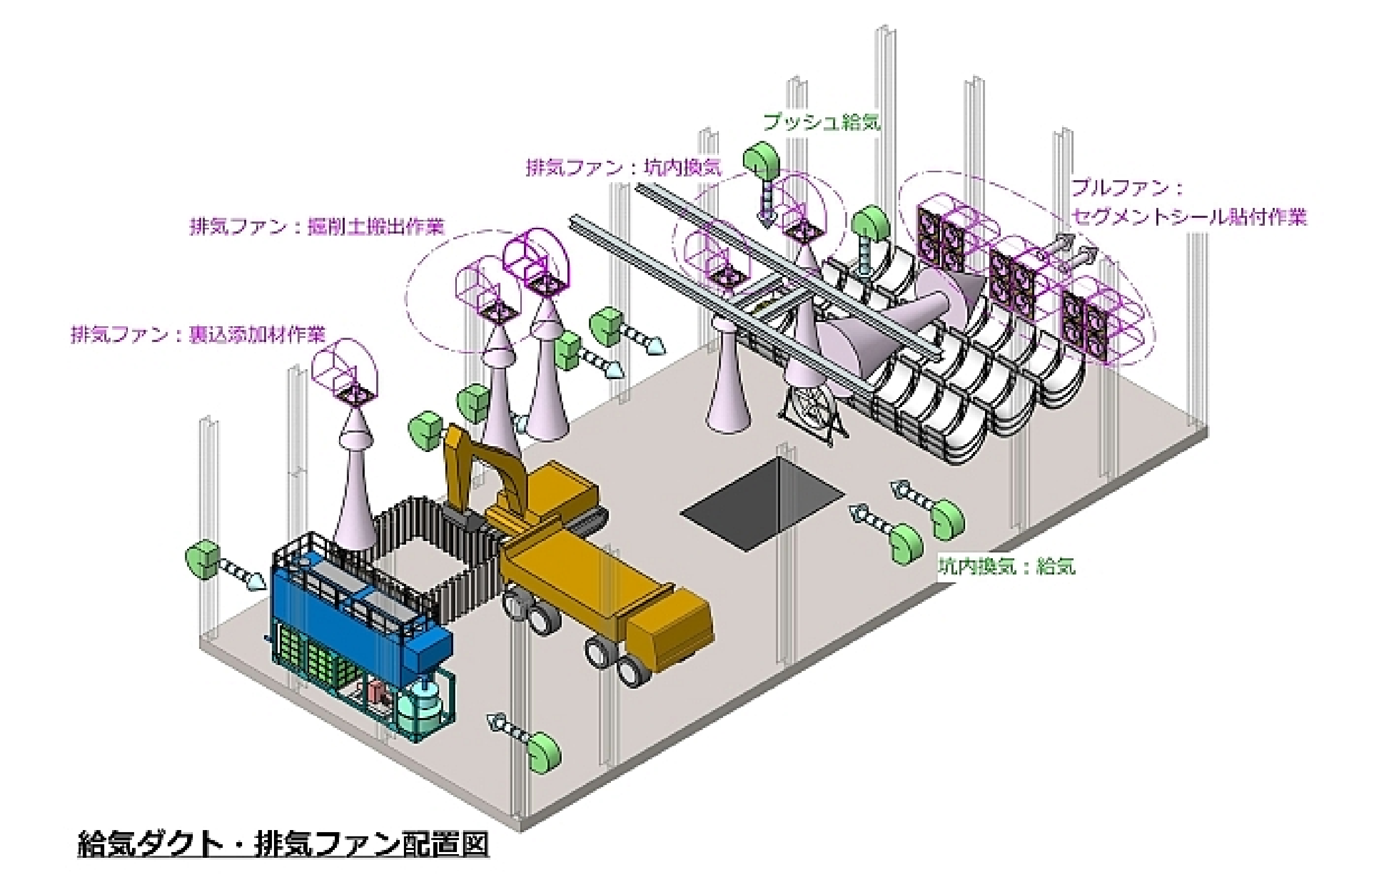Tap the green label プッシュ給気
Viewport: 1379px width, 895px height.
822,122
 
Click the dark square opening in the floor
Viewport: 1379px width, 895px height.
762,503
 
